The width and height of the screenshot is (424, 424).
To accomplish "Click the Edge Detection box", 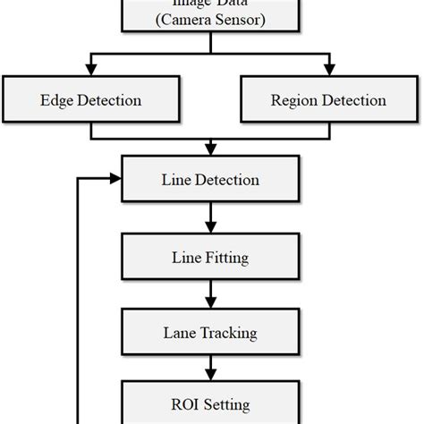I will [x=92, y=101].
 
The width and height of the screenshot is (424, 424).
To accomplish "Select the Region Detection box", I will [x=329, y=101].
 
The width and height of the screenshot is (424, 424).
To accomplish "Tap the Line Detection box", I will [x=210, y=180].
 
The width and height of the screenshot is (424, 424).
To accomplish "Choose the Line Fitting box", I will [x=210, y=259].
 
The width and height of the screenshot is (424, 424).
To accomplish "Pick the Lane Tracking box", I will [x=210, y=333].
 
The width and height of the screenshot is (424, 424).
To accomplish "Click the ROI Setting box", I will [x=210, y=404].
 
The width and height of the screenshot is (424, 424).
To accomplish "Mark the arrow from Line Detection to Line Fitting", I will [x=210, y=217].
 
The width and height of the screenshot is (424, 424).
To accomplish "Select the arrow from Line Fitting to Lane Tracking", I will [x=210, y=294].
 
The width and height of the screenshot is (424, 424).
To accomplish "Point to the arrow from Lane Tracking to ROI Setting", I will [x=210, y=368].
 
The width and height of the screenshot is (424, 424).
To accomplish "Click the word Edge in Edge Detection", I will [x=56, y=101].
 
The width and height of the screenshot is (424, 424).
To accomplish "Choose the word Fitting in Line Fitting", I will [x=227, y=259].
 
